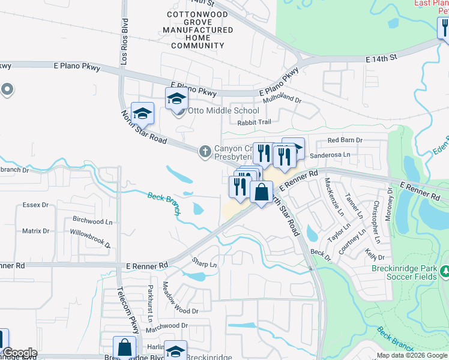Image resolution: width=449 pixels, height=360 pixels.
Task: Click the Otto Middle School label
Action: tap(224, 110)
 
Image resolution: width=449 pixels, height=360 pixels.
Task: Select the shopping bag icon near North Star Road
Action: tap(261, 193)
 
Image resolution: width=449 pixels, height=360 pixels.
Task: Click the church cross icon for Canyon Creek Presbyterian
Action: tap(205, 151)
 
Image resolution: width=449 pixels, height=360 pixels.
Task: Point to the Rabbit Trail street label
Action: tap(254, 122)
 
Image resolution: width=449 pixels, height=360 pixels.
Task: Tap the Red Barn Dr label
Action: tap(345, 140)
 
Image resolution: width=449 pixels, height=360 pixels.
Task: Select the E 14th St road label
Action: tap(382, 58)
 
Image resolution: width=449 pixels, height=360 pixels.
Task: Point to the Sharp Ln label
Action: tap(204, 264)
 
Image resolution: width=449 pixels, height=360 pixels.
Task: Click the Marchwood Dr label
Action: tap(167, 326)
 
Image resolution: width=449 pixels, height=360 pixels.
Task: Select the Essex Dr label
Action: tap(35, 205)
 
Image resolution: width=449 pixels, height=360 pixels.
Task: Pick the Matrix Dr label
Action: tap(35, 231)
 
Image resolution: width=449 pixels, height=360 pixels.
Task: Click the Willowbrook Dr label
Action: tap(91, 238)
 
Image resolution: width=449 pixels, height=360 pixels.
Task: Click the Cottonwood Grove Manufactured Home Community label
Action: tap(197, 30)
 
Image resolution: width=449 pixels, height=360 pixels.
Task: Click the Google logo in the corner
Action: tap(20, 353)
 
